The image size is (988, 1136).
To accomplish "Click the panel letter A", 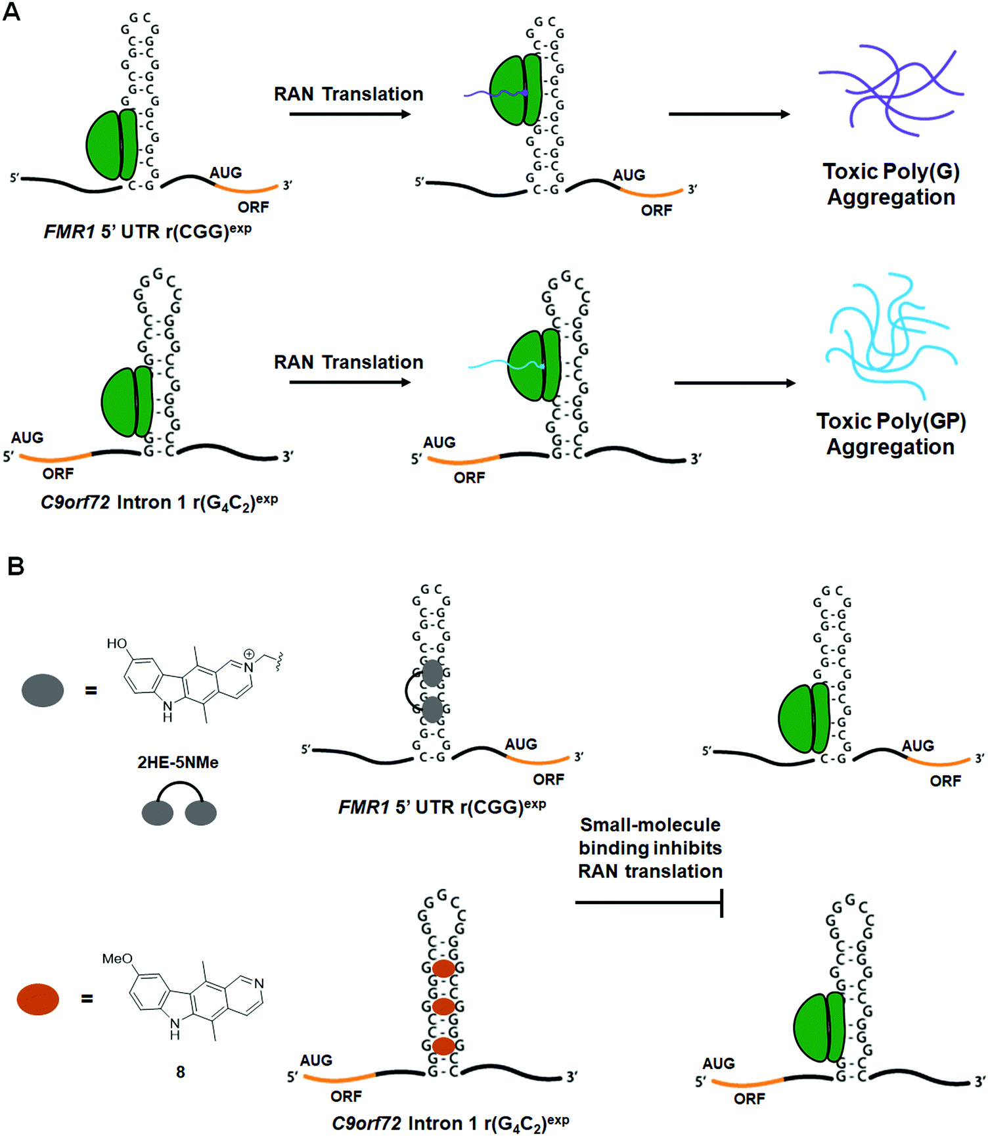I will pyautogui.click(x=11, y=11).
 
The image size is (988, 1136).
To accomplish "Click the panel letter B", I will pyautogui.click(x=15, y=566).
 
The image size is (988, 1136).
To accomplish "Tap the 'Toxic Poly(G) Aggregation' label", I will pyautogui.click(x=891, y=184).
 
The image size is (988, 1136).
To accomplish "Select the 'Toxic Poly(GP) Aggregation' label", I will pyautogui.click(x=891, y=434).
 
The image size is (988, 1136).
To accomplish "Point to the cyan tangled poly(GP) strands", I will pyautogui.click(x=891, y=335).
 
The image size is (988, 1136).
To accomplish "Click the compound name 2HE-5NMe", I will pyautogui.click(x=177, y=762).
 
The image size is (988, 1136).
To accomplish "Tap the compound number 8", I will pyautogui.click(x=180, y=1072).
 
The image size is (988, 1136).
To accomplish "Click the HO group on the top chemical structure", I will pyautogui.click(x=117, y=643).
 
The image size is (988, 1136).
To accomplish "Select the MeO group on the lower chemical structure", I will pyautogui.click(x=117, y=959).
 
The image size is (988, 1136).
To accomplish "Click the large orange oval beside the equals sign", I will pyautogui.click(x=38, y=999).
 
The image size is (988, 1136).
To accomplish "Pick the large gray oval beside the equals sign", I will pyautogui.click(x=43, y=690).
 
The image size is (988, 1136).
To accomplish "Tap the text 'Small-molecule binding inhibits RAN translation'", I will pyautogui.click(x=650, y=848).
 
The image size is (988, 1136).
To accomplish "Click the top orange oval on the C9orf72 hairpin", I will pyautogui.click(x=444, y=968).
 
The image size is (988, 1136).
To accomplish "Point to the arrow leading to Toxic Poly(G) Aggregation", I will pyautogui.click(x=729, y=114).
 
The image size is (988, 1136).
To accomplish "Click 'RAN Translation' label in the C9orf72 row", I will pyautogui.click(x=348, y=363).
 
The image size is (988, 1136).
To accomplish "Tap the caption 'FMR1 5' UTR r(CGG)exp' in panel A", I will pyautogui.click(x=147, y=231).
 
